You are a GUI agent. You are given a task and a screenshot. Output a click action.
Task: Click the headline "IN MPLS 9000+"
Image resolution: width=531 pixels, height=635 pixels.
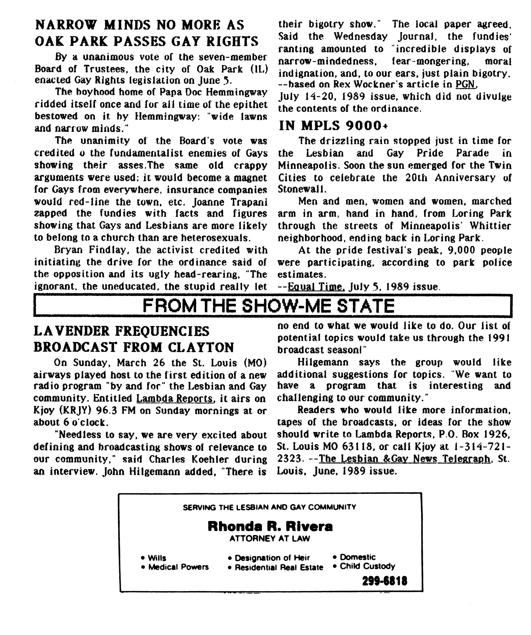tap(333, 126)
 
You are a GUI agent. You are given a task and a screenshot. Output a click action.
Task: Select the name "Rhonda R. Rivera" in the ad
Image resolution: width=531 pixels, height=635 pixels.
tap(270, 527)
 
